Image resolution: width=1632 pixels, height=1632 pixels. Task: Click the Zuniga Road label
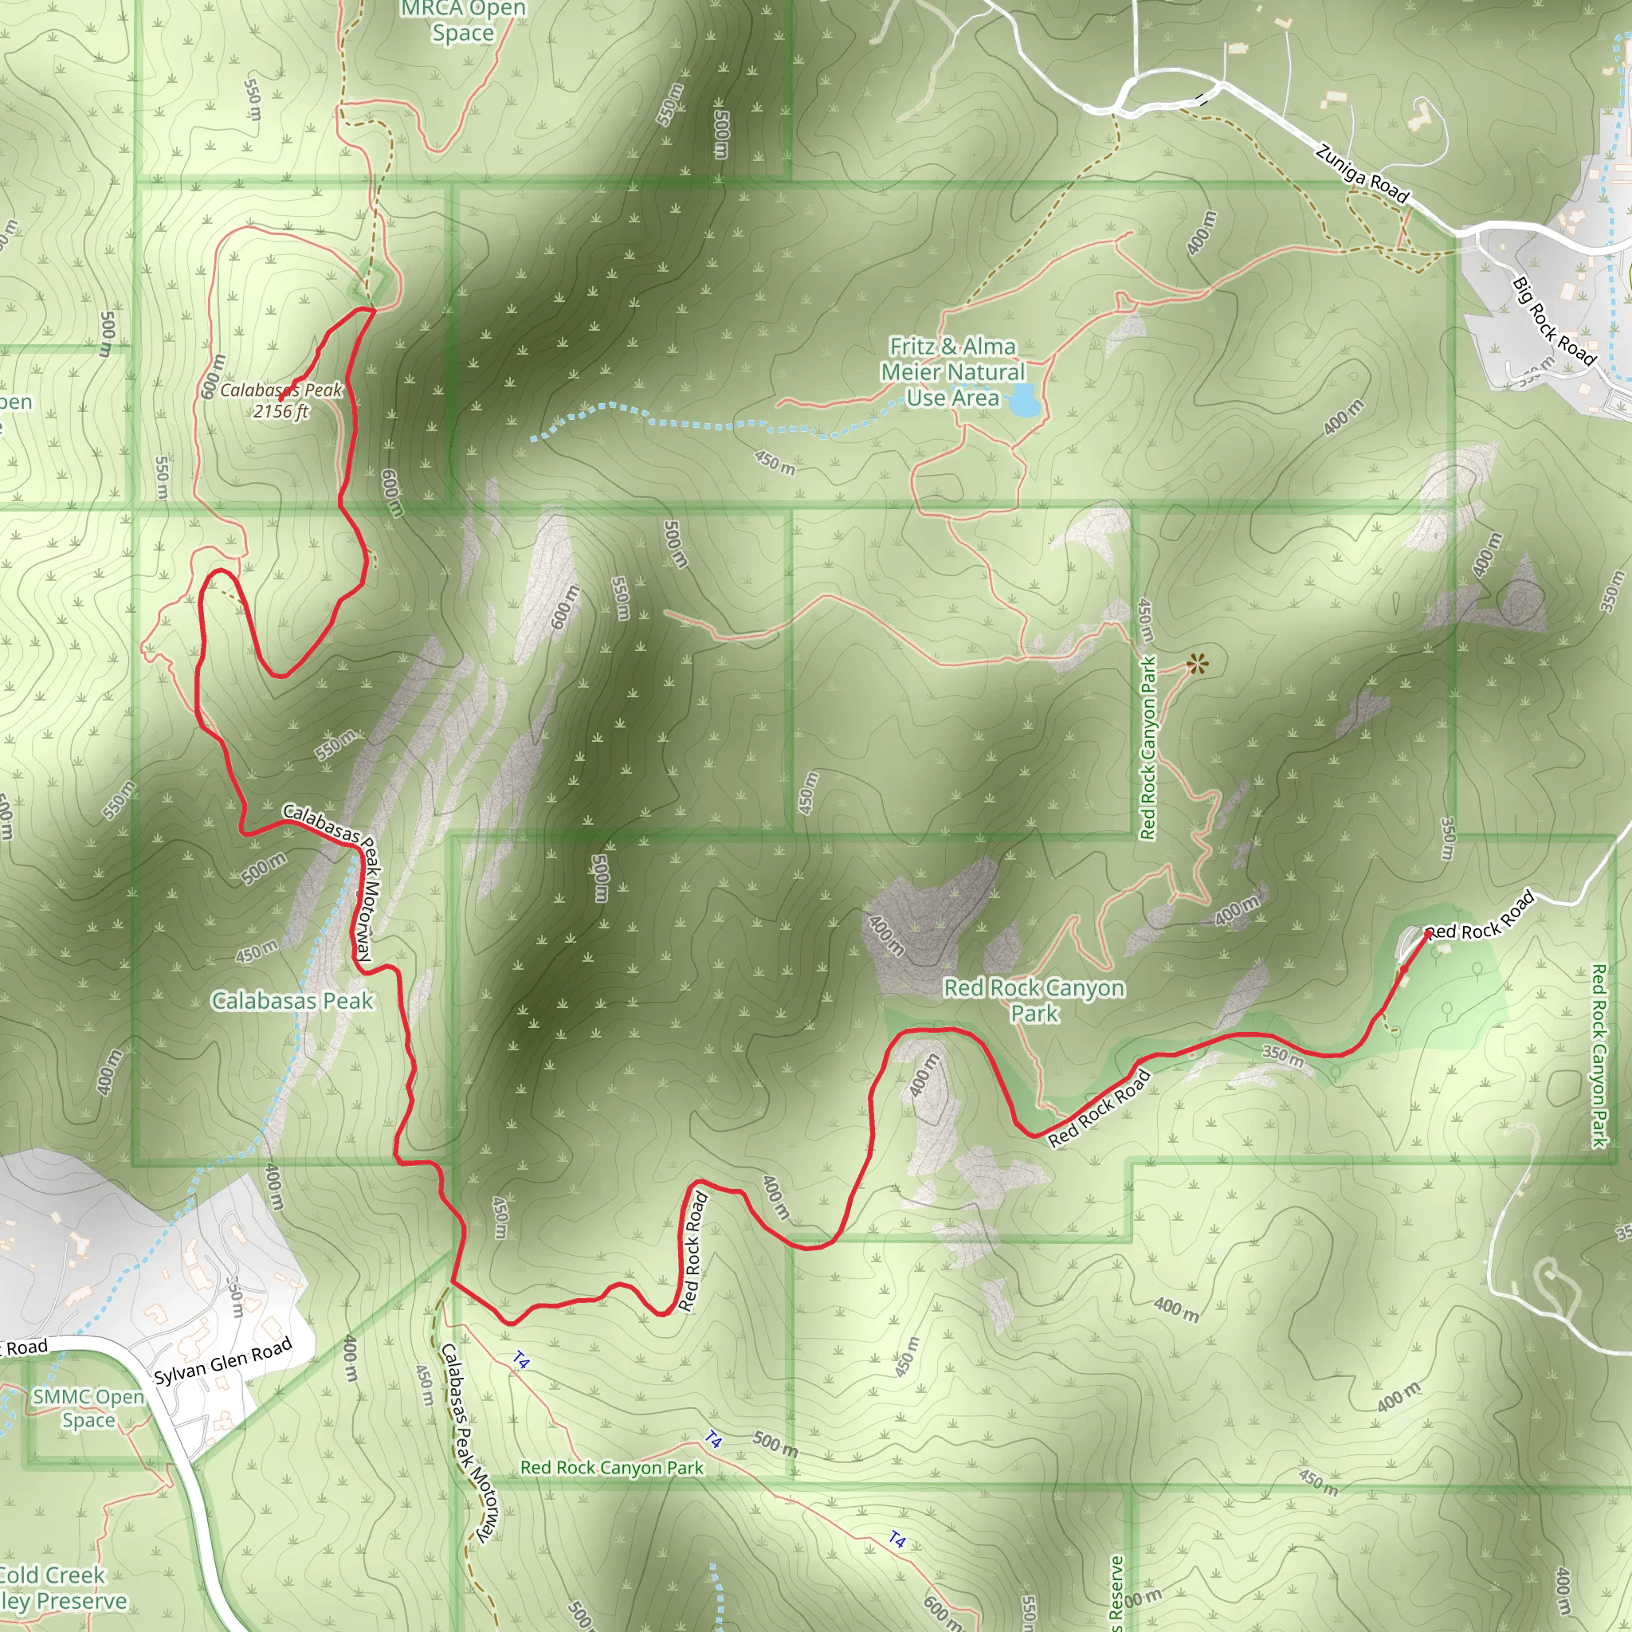(1362, 174)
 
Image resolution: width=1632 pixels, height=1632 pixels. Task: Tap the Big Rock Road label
(1553, 322)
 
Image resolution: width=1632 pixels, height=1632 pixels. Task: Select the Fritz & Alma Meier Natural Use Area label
(952, 371)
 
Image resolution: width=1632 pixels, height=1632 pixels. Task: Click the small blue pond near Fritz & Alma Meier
(1024, 402)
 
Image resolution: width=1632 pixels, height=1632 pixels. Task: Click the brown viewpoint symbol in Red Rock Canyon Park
(1196, 664)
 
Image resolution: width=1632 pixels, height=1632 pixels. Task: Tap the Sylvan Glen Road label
(223, 1361)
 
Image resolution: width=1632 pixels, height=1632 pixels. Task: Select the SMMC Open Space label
(88, 1408)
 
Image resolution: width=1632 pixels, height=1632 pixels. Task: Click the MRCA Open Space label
(463, 22)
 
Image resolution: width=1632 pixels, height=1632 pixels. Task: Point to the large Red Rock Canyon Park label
(1034, 1000)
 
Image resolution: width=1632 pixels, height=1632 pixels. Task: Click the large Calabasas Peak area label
(292, 1001)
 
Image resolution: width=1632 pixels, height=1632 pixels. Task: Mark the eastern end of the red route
(1427, 933)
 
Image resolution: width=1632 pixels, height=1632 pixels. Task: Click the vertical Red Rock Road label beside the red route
(692, 1251)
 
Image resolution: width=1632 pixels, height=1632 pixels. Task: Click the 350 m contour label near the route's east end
(1282, 1054)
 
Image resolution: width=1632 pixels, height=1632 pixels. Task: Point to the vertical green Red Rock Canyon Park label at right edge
(1599, 1056)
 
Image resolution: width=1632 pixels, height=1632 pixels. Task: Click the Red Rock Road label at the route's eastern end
(1480, 916)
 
